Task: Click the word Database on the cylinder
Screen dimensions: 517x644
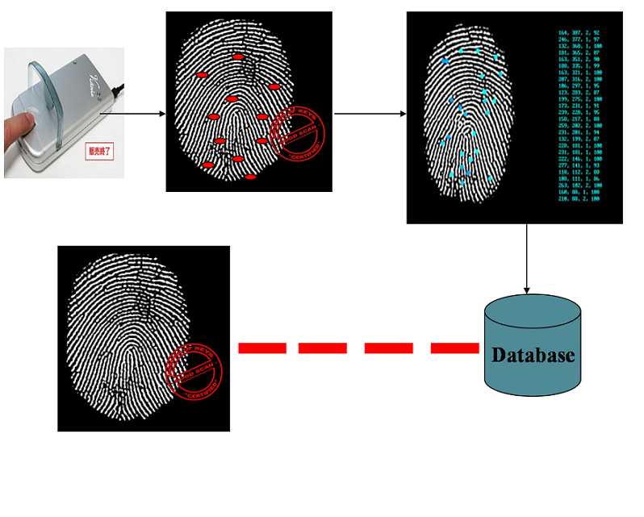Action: click(533, 355)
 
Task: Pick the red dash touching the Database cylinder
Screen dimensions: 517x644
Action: click(454, 348)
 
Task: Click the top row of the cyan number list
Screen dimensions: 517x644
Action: click(578, 33)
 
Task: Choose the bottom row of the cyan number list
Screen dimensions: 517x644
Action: click(578, 198)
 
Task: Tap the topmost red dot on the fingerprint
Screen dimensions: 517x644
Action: click(237, 57)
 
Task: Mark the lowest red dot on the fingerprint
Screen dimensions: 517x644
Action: click(250, 177)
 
